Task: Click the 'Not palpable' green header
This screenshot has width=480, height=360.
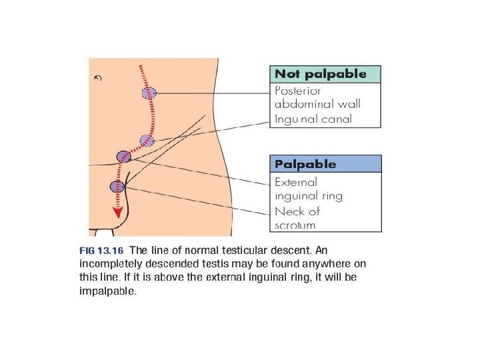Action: [325, 74]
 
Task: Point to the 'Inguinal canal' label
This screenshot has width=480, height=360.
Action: [313, 120]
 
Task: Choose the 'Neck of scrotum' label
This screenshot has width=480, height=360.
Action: [297, 218]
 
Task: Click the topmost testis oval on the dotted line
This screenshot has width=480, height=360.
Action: [149, 93]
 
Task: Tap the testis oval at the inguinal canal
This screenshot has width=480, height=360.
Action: [147, 140]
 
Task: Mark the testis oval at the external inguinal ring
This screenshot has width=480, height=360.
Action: [124, 157]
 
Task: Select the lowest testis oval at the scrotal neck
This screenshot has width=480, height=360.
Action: [117, 187]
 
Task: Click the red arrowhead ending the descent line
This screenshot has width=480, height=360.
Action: [118, 213]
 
